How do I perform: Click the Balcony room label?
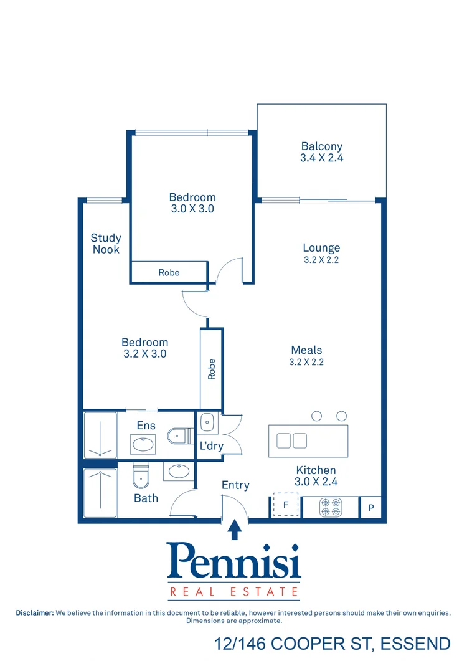click(322, 146)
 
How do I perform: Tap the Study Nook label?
click(106, 244)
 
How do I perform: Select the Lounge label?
click(321, 248)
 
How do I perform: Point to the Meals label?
click(306, 350)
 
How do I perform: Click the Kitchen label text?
click(316, 470)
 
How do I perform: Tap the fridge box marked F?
click(286, 505)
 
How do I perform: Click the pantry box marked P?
click(371, 508)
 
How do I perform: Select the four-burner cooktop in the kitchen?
click(330, 507)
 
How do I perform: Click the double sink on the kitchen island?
click(292, 440)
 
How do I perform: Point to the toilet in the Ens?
click(179, 435)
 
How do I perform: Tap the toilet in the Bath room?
click(141, 477)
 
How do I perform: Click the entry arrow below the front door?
click(234, 530)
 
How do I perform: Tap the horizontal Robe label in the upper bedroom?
click(169, 272)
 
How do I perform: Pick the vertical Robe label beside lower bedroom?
click(212, 369)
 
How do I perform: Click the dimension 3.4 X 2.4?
click(322, 158)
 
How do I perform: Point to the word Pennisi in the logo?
click(234, 561)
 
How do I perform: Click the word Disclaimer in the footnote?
click(35, 613)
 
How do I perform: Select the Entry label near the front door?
click(235, 485)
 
